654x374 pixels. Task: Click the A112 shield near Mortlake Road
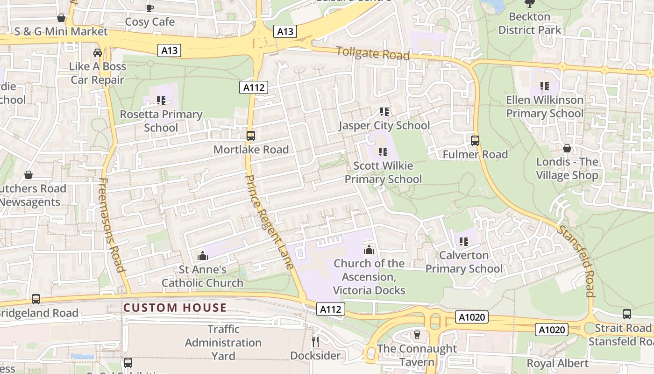click(254, 87)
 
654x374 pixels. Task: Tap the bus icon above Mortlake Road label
click(251, 136)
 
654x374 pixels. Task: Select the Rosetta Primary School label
click(161, 121)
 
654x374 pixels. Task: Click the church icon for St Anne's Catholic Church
click(203, 256)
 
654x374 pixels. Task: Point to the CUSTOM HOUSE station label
click(175, 308)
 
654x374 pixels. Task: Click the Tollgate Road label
click(373, 53)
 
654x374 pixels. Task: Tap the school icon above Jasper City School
click(384, 112)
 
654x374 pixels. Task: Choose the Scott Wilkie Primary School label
click(383, 172)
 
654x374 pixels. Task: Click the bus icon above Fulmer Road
click(475, 140)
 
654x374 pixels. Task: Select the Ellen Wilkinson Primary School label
click(545, 107)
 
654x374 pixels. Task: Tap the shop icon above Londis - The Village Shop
click(567, 148)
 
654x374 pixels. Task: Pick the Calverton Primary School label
click(464, 262)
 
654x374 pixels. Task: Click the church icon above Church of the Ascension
click(369, 250)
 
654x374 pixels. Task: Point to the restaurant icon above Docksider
click(315, 342)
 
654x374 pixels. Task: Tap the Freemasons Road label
click(112, 224)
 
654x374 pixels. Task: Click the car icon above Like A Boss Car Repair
click(98, 53)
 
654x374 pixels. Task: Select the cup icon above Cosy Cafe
click(150, 8)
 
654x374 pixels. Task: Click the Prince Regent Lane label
click(270, 222)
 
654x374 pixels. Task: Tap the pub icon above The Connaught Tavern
click(417, 335)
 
